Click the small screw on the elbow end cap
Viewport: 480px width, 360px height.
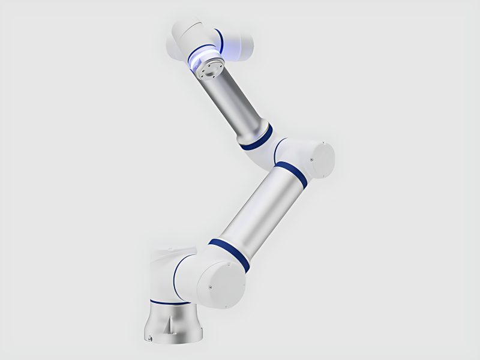(x=313, y=159)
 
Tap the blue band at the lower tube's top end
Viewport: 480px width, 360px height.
(x=291, y=173)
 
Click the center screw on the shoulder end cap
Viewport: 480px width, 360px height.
(x=211, y=287)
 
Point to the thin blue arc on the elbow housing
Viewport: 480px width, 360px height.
(x=277, y=151)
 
